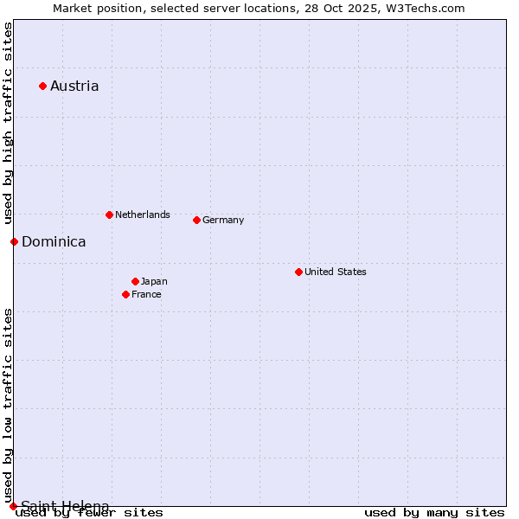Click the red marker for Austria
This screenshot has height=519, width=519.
coord(42,86)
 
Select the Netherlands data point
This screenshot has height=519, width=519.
coord(109,215)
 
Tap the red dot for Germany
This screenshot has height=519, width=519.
coord(196,220)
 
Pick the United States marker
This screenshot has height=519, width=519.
coord(298,272)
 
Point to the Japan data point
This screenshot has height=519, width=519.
coord(135,281)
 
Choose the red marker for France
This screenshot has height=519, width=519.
coord(125,294)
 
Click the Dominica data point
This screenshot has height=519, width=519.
coord(14,241)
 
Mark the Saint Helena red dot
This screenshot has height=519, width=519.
coord(13,506)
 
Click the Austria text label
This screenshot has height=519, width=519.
coord(74,86)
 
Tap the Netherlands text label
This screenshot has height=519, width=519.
coord(143,215)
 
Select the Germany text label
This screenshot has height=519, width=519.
coord(223,220)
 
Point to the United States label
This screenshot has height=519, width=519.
coord(336,272)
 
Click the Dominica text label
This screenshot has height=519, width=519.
coord(54,241)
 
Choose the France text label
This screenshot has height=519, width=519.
coord(146,294)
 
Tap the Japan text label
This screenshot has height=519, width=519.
coord(154,281)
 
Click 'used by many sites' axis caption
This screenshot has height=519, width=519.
coord(434,512)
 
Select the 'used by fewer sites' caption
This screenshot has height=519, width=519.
coord(89,512)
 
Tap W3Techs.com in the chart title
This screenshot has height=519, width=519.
coord(424,8)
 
